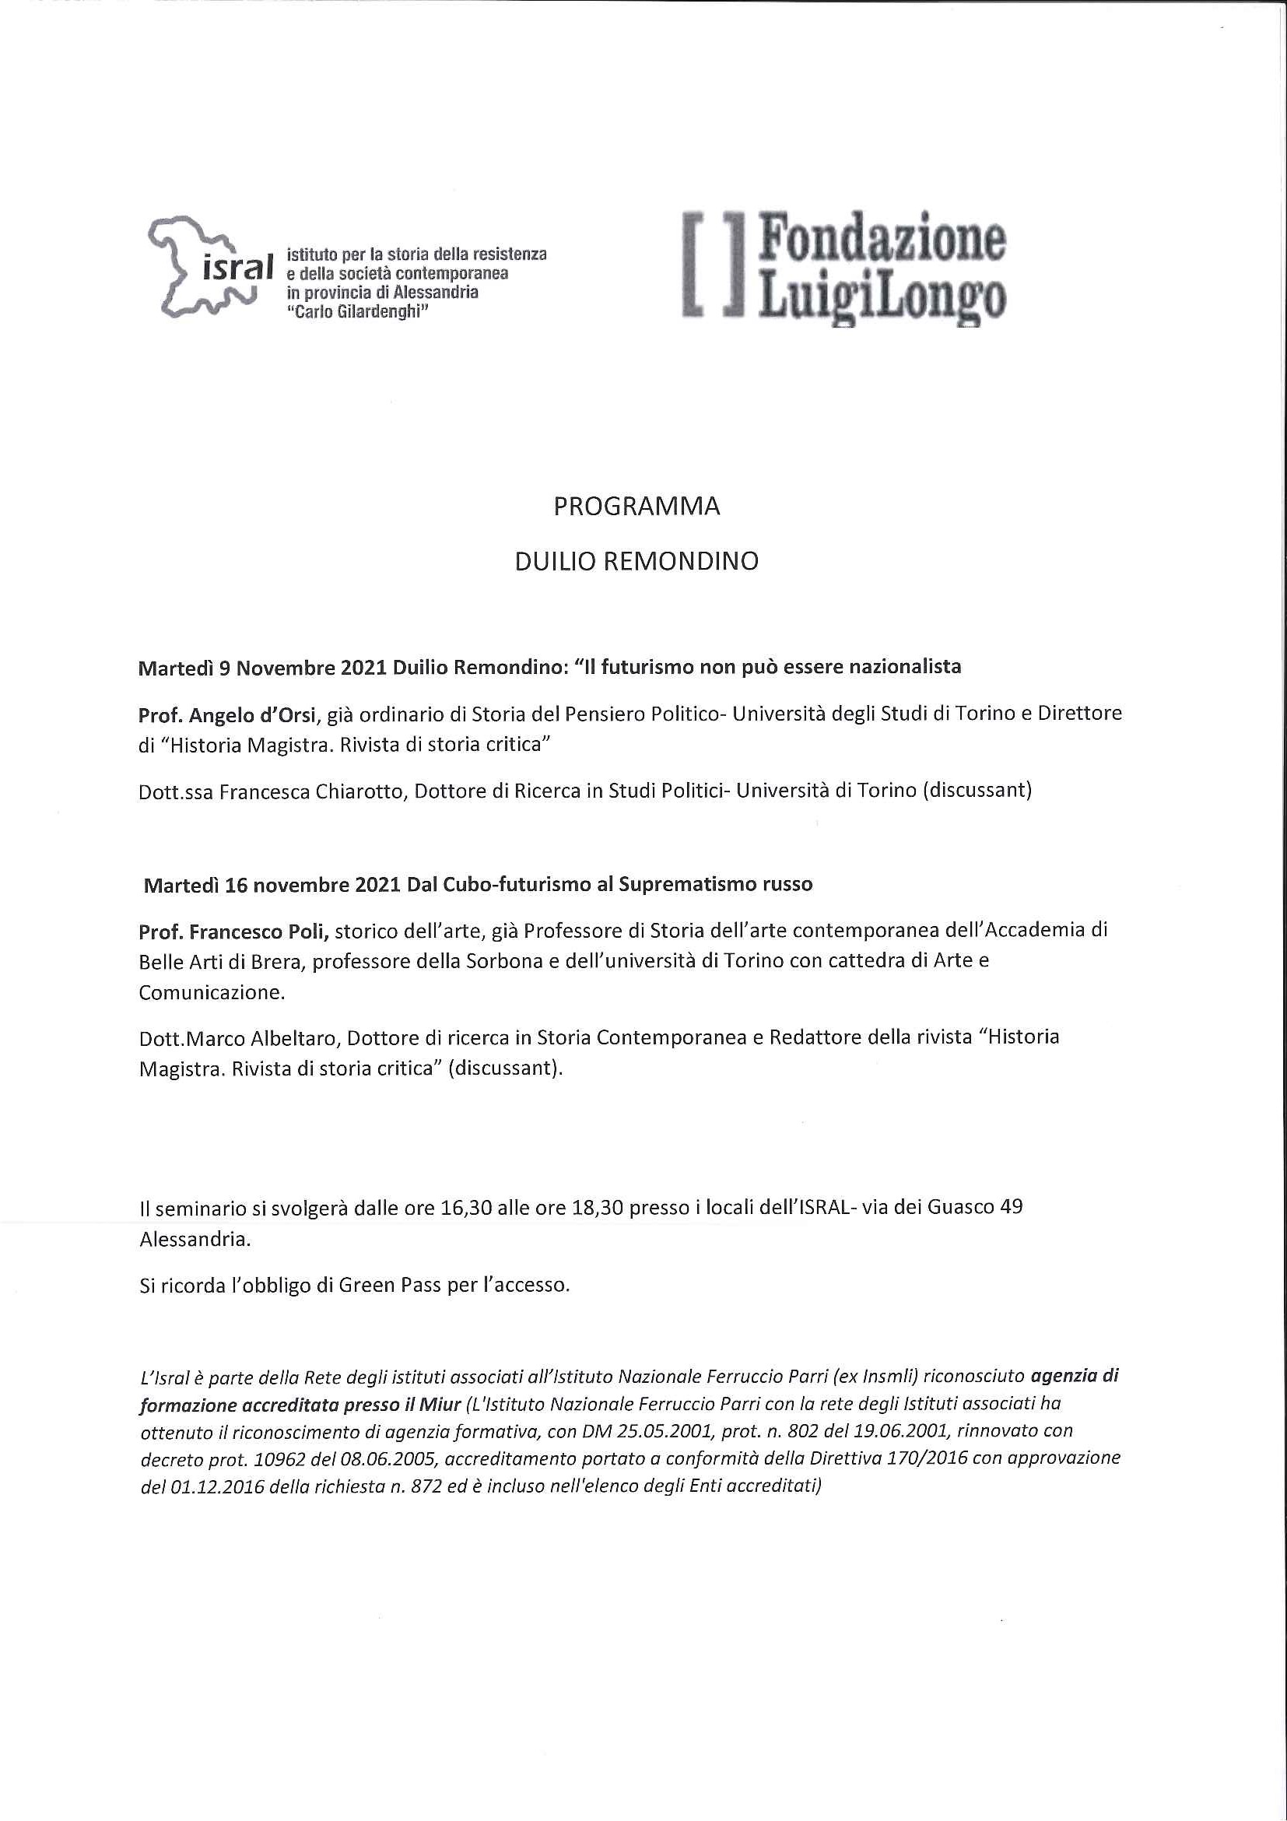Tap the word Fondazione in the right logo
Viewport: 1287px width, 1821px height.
881,238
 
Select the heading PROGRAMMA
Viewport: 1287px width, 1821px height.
636,507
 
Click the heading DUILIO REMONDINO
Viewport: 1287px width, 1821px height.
636,562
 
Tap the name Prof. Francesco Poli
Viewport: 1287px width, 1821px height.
233,930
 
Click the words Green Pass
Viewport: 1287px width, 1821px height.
389,1285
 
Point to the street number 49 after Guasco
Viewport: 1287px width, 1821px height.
1012,1207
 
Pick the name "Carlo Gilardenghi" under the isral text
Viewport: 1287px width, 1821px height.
357,312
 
